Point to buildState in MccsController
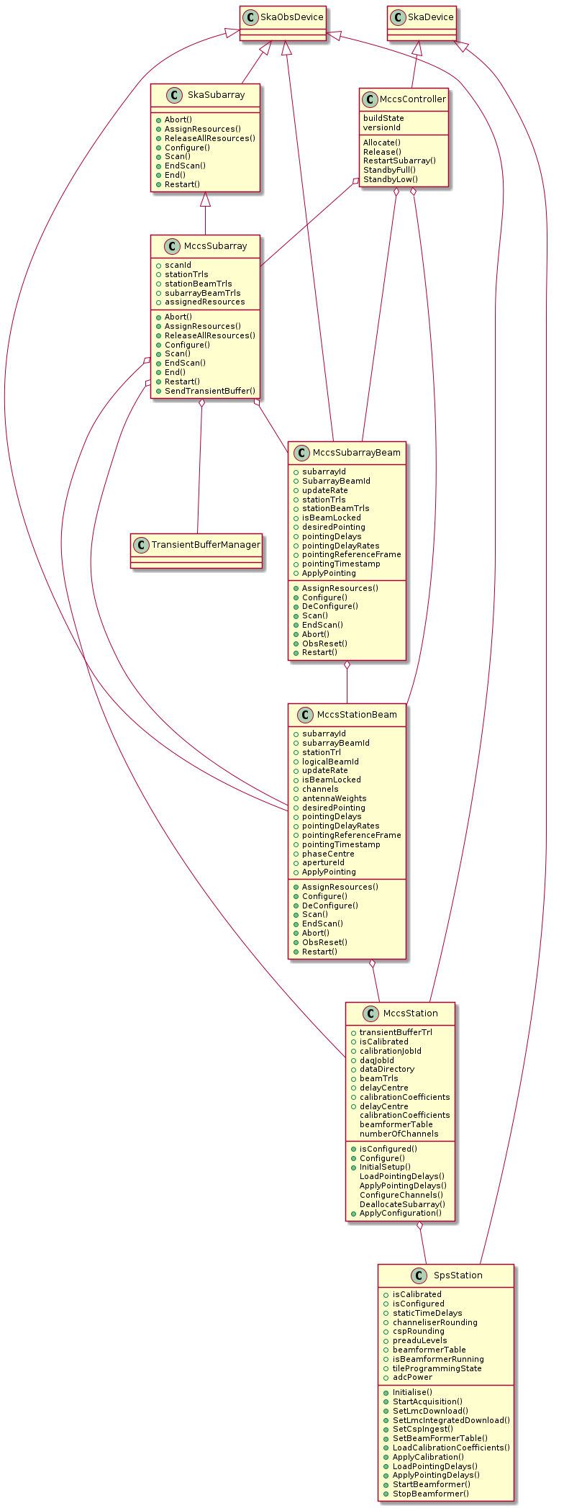383,118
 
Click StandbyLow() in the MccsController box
391,179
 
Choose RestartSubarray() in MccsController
399,161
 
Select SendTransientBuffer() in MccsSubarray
210,391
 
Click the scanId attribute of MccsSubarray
178,265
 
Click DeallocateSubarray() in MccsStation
402,1204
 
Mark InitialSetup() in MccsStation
385,1168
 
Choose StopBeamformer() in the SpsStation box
430,1494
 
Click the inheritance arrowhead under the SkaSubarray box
205,199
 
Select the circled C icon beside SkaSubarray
173,95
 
